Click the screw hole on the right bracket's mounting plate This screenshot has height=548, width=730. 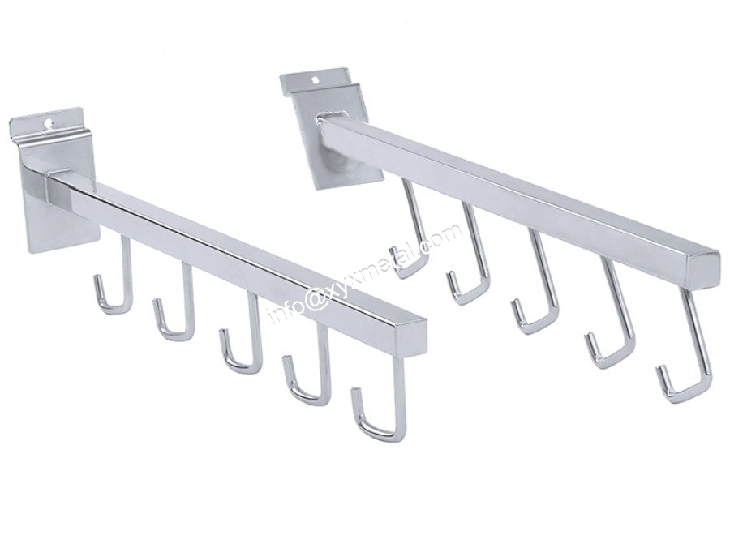317,80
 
